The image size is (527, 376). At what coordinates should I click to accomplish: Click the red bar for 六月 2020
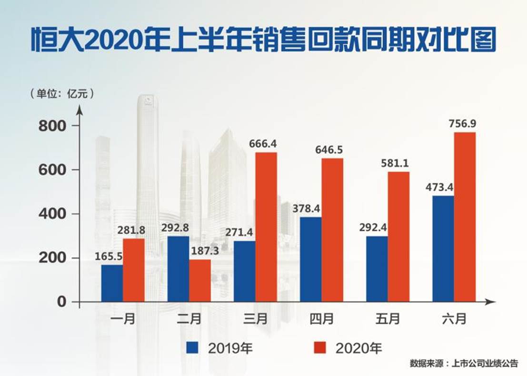[x=465, y=217]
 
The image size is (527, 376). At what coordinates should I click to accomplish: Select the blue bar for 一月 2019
[x=112, y=283]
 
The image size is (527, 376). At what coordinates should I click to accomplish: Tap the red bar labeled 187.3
[x=200, y=280]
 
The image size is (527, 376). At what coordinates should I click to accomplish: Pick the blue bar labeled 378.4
[x=310, y=259]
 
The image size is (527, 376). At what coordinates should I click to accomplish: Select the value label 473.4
[x=438, y=187]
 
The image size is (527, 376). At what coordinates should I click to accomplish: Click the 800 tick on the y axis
[x=53, y=126]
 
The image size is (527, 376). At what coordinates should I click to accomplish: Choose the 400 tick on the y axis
[x=53, y=214]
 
